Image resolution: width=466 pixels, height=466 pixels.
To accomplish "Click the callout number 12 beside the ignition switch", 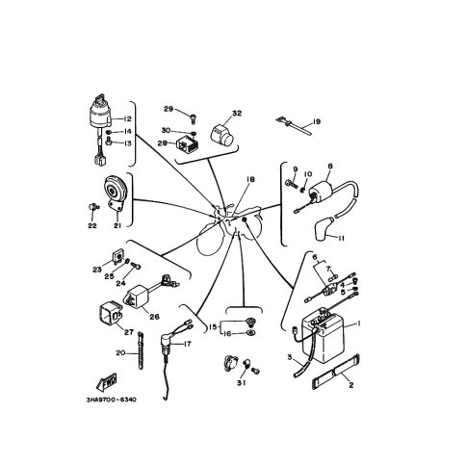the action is click(x=127, y=119).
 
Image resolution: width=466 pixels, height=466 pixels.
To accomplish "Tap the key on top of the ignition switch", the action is click(x=100, y=98).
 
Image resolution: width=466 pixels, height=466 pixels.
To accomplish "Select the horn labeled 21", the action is click(x=116, y=194).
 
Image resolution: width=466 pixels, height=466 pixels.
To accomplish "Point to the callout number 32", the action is click(x=237, y=114).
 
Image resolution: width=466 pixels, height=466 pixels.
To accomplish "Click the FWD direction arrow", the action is click(x=107, y=382).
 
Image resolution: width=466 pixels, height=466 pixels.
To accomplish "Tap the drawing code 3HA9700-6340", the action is click(x=111, y=400).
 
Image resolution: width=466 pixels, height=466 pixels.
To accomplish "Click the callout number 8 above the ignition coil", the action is click(x=330, y=167).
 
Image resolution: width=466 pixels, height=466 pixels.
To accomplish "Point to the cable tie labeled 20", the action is click(x=141, y=350).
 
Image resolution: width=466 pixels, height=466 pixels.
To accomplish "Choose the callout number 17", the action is click(x=187, y=344).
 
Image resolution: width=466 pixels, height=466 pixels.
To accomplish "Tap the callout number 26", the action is click(x=154, y=317).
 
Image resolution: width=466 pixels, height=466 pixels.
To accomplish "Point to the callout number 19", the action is click(x=317, y=122).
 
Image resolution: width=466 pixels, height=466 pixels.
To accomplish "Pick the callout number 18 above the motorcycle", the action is click(x=250, y=179).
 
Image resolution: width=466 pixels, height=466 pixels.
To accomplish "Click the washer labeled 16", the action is click(x=250, y=333).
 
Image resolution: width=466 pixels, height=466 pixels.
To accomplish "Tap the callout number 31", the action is click(x=241, y=383).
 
